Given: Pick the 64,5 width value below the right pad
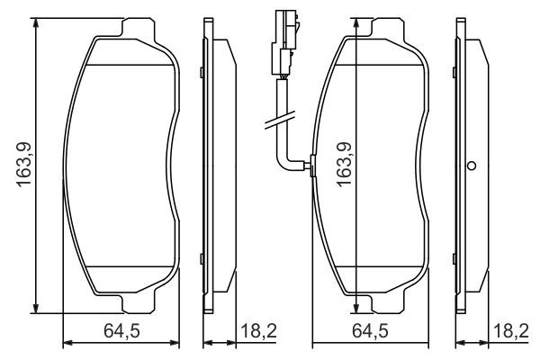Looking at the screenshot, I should (371, 332).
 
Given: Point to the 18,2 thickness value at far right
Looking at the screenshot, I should (510, 332).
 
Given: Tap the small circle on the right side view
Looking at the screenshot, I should (470, 165).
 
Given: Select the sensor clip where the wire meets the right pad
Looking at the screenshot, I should (310, 164).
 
